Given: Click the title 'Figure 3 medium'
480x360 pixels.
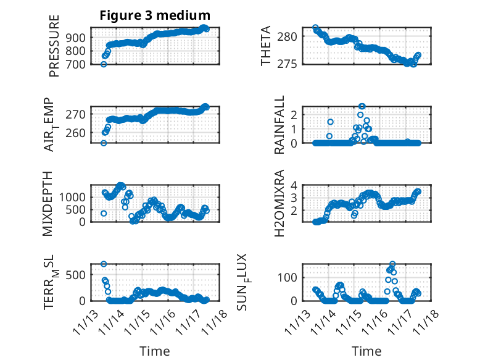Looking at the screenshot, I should [155, 15].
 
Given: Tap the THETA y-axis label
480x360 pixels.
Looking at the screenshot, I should [266, 46].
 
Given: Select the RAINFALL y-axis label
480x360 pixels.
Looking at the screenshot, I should [279, 125].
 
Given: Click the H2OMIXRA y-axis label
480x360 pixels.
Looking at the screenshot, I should [279, 203].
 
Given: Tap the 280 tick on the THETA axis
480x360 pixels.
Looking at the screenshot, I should [290, 36].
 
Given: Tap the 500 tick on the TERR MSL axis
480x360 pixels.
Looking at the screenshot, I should [78, 275].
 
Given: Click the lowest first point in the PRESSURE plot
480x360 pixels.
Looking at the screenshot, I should [104, 64].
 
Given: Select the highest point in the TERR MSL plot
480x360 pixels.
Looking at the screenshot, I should [104, 264].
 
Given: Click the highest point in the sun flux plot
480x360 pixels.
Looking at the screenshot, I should [392, 264].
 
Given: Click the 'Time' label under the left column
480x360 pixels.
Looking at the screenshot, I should [155, 351].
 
